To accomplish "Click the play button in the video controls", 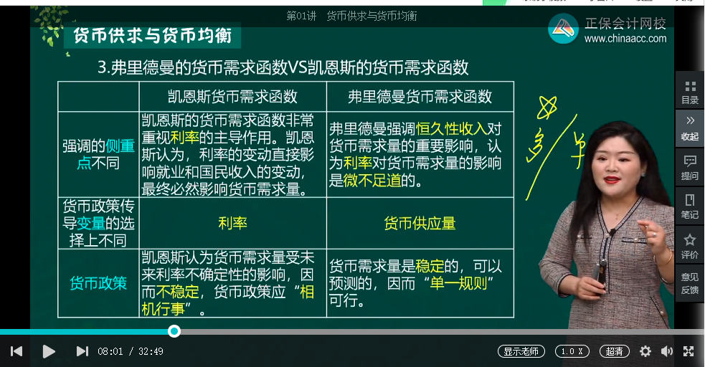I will coord(49,351).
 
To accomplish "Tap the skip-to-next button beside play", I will coord(82,351).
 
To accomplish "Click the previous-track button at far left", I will coord(16,351).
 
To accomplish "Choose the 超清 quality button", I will coord(614,351).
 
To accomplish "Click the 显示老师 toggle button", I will coord(522,351).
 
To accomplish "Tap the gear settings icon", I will coord(645,351).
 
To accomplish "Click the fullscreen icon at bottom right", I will coord(689,351).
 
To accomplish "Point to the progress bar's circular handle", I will coord(174,331).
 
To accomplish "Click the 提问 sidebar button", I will coord(690,168).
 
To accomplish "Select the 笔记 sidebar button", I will coord(690,206).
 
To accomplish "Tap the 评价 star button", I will coord(690,245).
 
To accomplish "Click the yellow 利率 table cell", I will coord(232,223).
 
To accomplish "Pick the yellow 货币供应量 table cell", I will coord(420,223).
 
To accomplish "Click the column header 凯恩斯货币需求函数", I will coord(232,96).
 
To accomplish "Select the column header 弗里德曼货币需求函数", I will coord(420,96).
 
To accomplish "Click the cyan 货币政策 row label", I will coord(98,283).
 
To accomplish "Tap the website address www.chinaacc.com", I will coord(625,39).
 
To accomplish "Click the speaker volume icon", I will coord(667,351).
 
